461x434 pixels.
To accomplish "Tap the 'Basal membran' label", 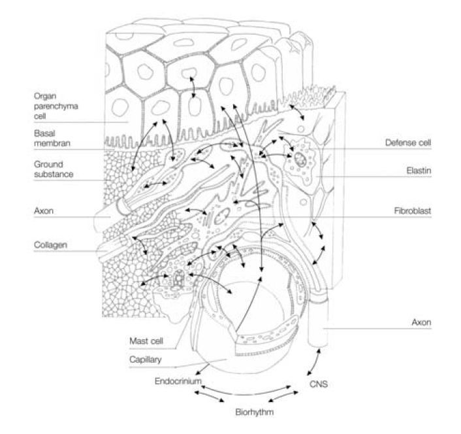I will click(x=52, y=137).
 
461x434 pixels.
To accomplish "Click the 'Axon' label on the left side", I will click(x=42, y=212).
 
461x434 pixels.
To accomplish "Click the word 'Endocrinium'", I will click(x=177, y=380).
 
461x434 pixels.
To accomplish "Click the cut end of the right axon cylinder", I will click(x=317, y=301).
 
